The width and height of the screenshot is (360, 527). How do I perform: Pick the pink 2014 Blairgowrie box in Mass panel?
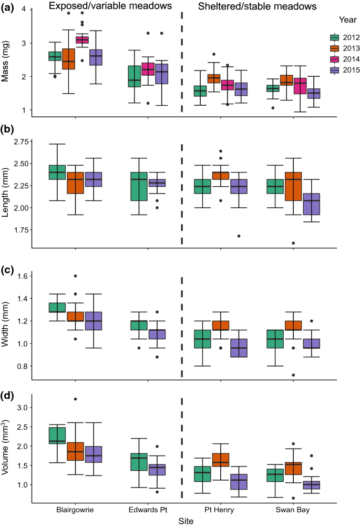[x=82, y=40]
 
